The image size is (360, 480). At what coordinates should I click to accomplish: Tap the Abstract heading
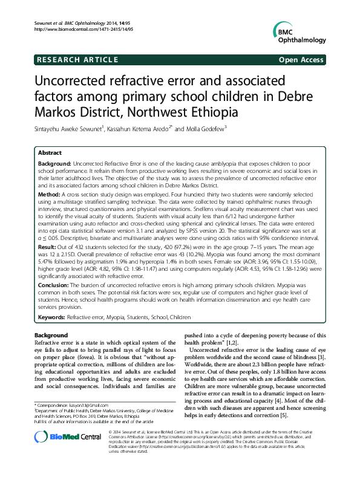49,154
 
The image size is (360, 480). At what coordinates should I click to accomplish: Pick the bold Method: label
50,196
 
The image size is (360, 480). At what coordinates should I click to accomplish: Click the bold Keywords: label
52,317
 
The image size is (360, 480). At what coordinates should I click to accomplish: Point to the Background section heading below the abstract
50,334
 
